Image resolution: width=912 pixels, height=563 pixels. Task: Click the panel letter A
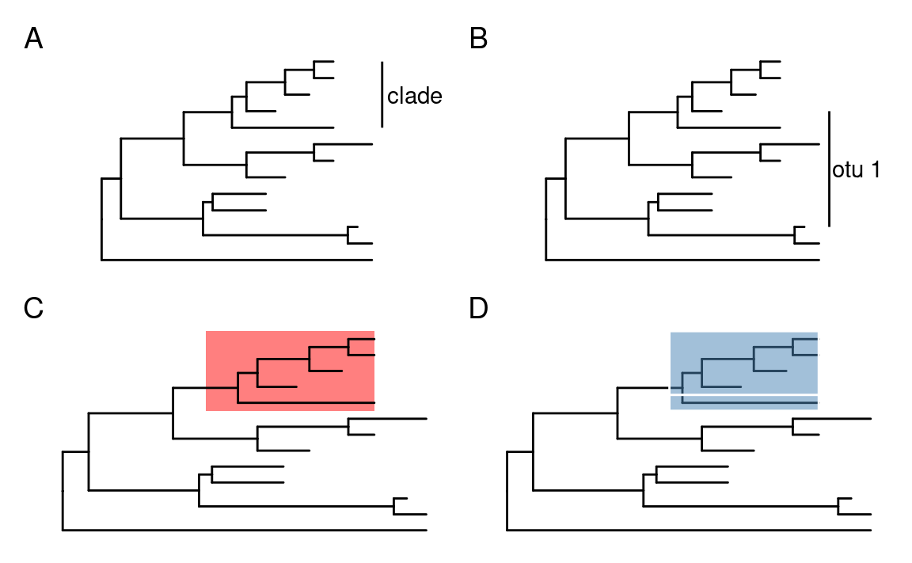33,39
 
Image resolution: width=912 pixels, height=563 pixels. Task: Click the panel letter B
478,39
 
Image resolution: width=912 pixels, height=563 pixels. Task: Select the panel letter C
33,309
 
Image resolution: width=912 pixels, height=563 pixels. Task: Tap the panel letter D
478,309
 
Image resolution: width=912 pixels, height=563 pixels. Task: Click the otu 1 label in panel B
857,169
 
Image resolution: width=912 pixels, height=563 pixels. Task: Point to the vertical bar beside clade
382,93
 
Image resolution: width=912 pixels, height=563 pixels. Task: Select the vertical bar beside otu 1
828,169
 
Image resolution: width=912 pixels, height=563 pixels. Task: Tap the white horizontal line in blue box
744,394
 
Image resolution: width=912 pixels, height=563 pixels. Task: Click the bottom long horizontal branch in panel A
237,260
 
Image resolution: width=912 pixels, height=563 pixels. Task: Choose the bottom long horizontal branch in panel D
689,530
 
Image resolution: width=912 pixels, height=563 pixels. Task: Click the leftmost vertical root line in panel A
101,220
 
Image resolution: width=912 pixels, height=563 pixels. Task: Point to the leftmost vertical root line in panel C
62,490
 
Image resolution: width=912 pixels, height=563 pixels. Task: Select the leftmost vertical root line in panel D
507,490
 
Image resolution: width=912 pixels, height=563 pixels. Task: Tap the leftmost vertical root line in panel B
545,220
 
